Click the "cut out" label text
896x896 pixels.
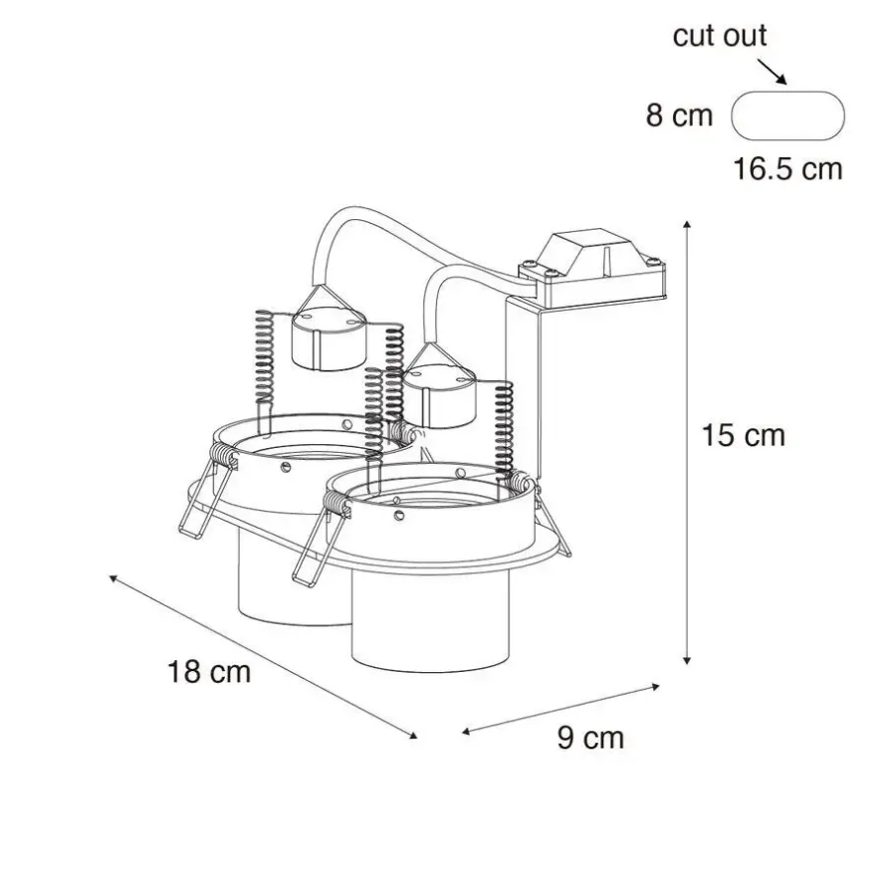coord(720,36)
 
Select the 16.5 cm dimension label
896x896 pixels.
coord(787,169)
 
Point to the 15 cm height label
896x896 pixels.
coord(743,435)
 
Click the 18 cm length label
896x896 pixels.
coord(209,671)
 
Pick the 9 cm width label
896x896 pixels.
coord(590,737)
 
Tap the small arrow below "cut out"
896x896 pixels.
coord(772,72)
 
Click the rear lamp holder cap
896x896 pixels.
coord(328,338)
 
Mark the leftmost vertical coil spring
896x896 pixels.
coord(264,357)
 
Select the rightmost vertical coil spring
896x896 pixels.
coord(504,428)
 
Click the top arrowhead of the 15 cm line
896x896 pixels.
coord(687,225)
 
